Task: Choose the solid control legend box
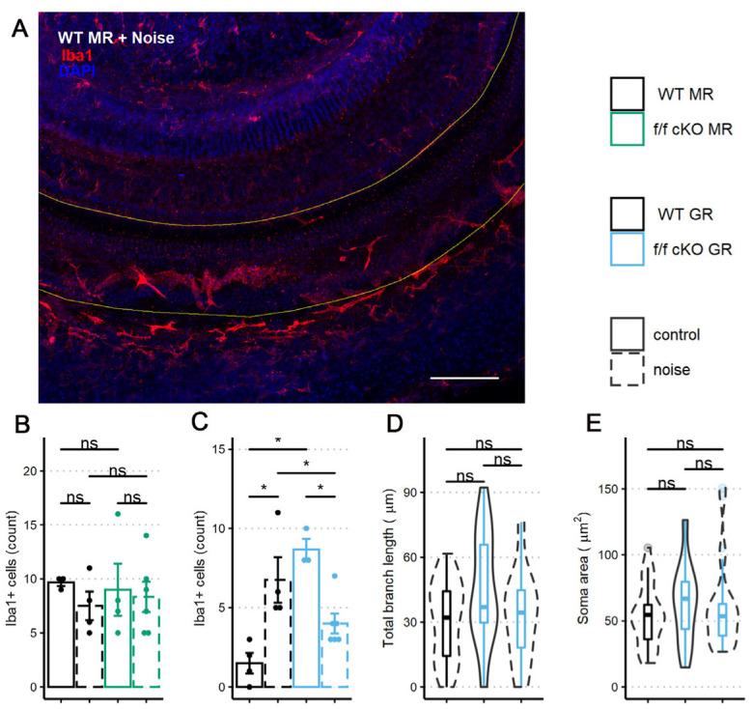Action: [628, 335]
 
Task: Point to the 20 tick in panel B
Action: [30, 470]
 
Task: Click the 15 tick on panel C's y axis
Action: [216, 449]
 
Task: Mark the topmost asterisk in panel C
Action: [278, 440]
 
